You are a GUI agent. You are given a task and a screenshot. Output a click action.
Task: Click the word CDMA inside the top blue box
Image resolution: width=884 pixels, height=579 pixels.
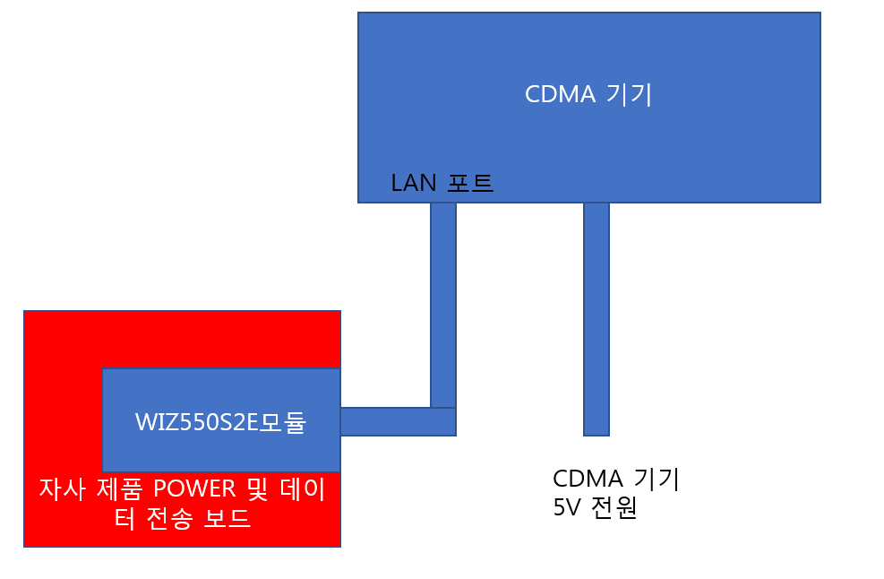[560, 94]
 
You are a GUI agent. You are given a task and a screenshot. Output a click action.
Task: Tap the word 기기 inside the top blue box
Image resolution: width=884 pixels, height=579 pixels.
[629, 94]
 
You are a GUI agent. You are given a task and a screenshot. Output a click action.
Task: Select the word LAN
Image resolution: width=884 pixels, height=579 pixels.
[413, 183]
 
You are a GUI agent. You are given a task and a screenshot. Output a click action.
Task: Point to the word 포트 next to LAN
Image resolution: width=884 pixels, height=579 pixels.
[470, 183]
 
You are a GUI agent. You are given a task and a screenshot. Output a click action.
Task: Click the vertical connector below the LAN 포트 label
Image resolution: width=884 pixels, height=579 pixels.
[443, 305]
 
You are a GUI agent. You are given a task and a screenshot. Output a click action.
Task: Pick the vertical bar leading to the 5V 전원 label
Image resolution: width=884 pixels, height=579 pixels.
[596, 319]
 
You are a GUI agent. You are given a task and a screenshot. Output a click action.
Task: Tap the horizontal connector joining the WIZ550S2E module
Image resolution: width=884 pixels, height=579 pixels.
[398, 421]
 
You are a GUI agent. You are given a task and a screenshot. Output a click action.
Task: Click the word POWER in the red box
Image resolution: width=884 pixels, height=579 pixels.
[194, 488]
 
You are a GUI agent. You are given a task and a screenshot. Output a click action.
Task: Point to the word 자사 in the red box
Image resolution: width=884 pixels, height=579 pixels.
[62, 488]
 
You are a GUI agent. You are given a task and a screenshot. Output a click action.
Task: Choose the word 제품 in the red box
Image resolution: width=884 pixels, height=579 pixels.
[119, 488]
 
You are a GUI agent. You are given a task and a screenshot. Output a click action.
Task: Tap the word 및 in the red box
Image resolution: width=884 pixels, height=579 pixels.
[258, 488]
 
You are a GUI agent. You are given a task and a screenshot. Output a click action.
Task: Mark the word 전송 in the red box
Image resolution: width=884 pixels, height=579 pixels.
[169, 518]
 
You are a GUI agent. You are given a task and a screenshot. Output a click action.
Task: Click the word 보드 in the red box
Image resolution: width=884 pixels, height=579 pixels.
[227, 518]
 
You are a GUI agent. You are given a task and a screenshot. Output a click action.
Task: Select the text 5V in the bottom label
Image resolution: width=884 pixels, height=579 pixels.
[567, 508]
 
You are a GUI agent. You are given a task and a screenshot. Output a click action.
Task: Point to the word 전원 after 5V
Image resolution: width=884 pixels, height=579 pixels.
[614, 508]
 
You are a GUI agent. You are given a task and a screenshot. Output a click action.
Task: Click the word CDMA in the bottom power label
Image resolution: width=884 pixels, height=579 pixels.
[588, 479]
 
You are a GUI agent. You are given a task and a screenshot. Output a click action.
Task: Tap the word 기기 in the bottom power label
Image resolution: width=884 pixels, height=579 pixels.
[657, 479]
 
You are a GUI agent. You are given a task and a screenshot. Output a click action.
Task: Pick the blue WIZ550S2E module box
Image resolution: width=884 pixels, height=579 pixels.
[221, 420]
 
